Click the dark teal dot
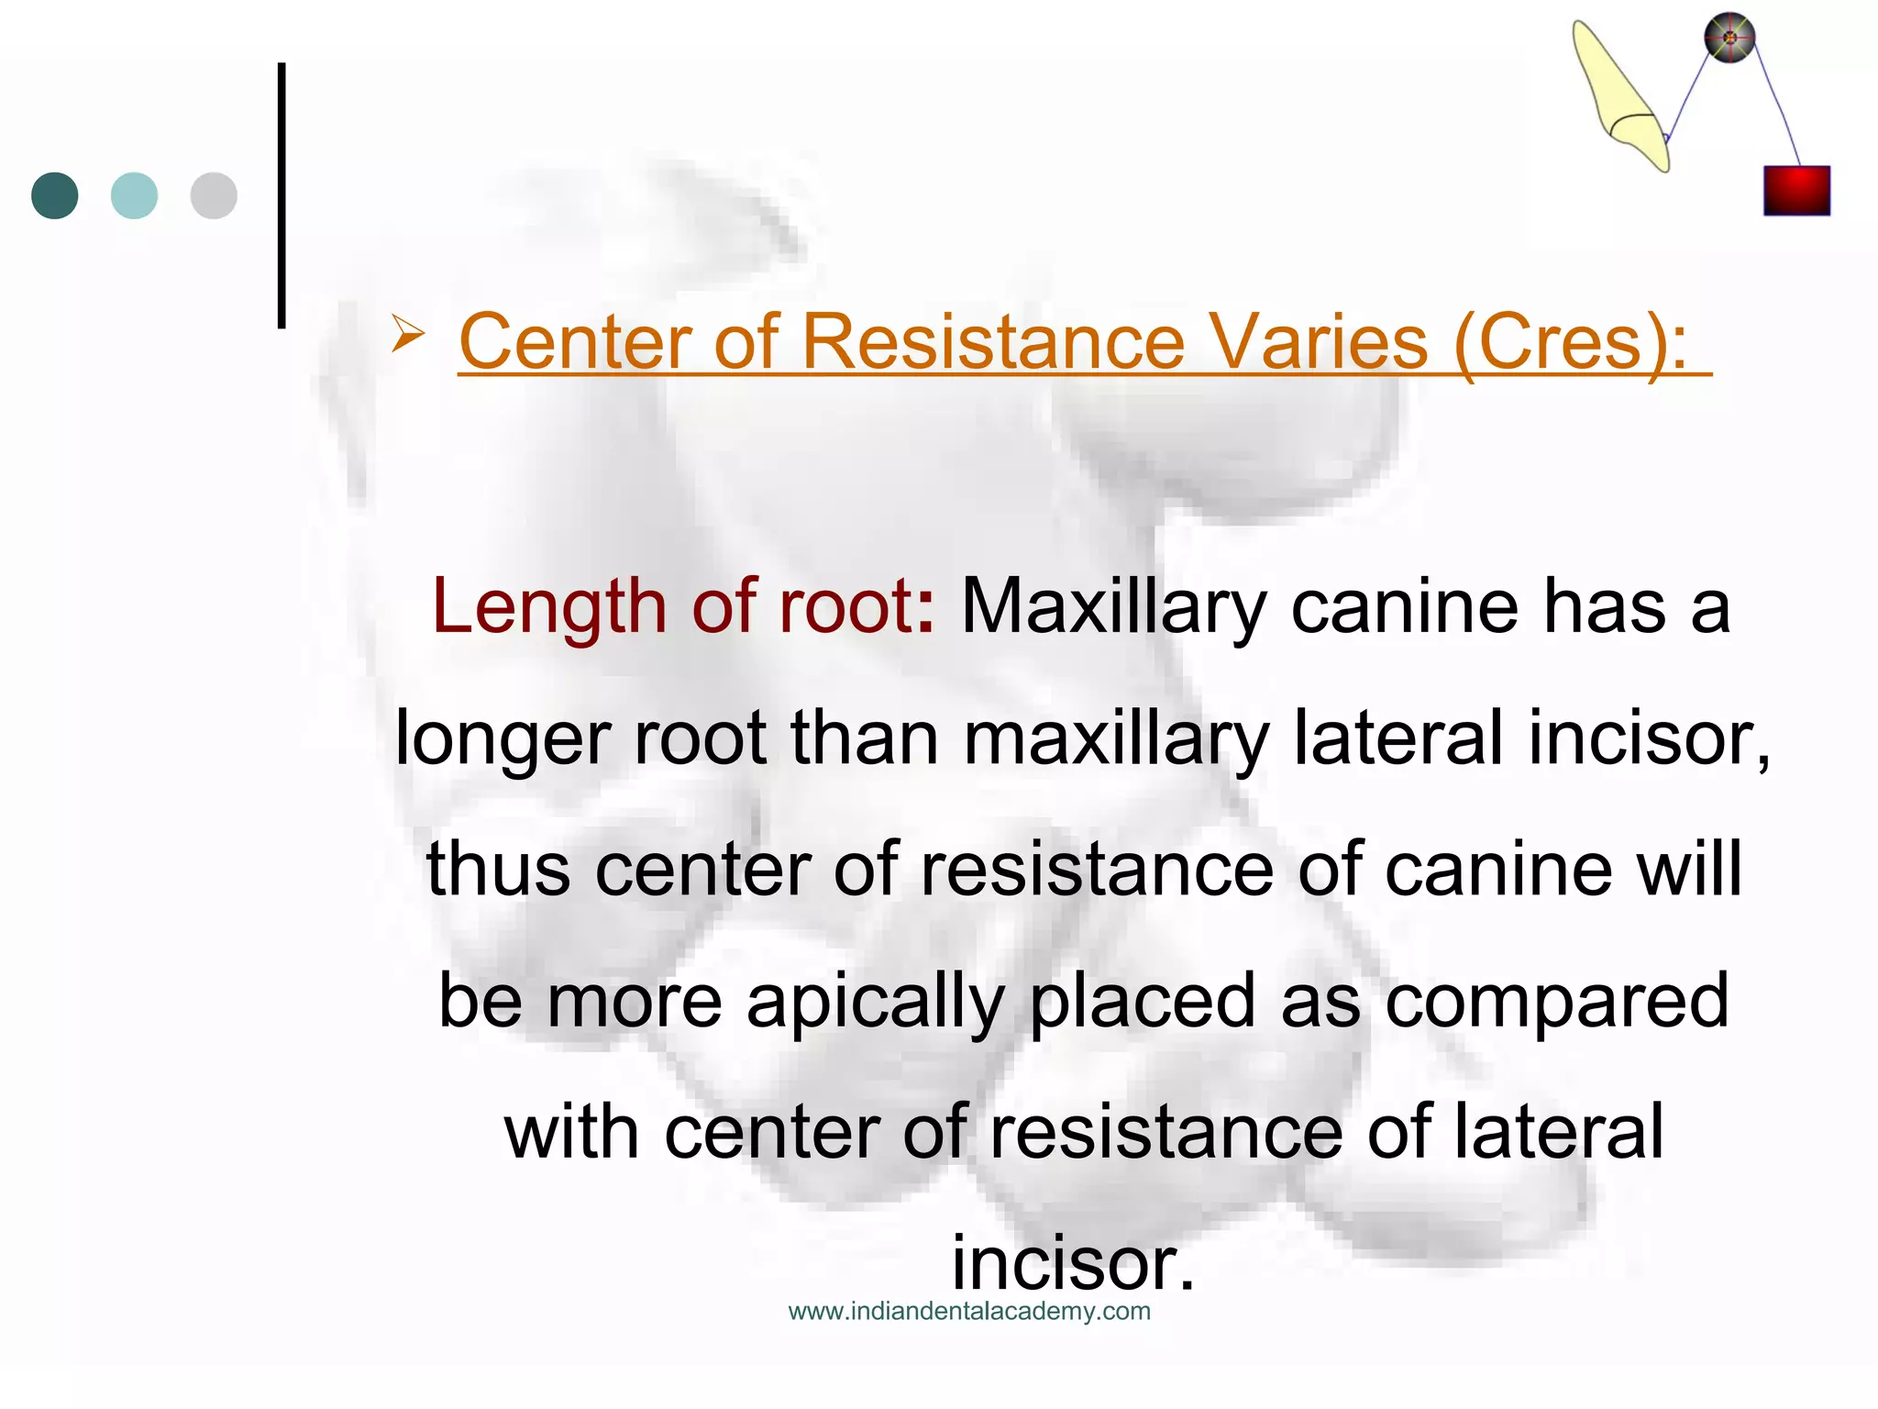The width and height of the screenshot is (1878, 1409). click(55, 195)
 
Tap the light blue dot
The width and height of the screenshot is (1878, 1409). click(134, 195)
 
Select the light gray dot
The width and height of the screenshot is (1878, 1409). click(214, 195)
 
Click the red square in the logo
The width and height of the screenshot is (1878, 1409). click(1796, 191)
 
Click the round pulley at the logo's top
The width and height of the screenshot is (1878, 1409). click(1729, 39)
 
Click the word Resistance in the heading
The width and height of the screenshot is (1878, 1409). click(993, 342)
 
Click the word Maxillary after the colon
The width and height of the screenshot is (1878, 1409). click(1113, 608)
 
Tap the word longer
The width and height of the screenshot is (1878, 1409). click(502, 739)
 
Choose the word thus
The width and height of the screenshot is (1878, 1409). click(498, 869)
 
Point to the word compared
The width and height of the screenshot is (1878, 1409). click(1556, 1001)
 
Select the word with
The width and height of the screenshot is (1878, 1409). click(570, 1132)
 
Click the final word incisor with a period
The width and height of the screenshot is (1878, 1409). click(1073, 1264)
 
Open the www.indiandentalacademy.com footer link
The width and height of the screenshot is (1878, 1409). click(969, 1312)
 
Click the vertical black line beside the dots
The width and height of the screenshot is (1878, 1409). click(282, 195)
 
